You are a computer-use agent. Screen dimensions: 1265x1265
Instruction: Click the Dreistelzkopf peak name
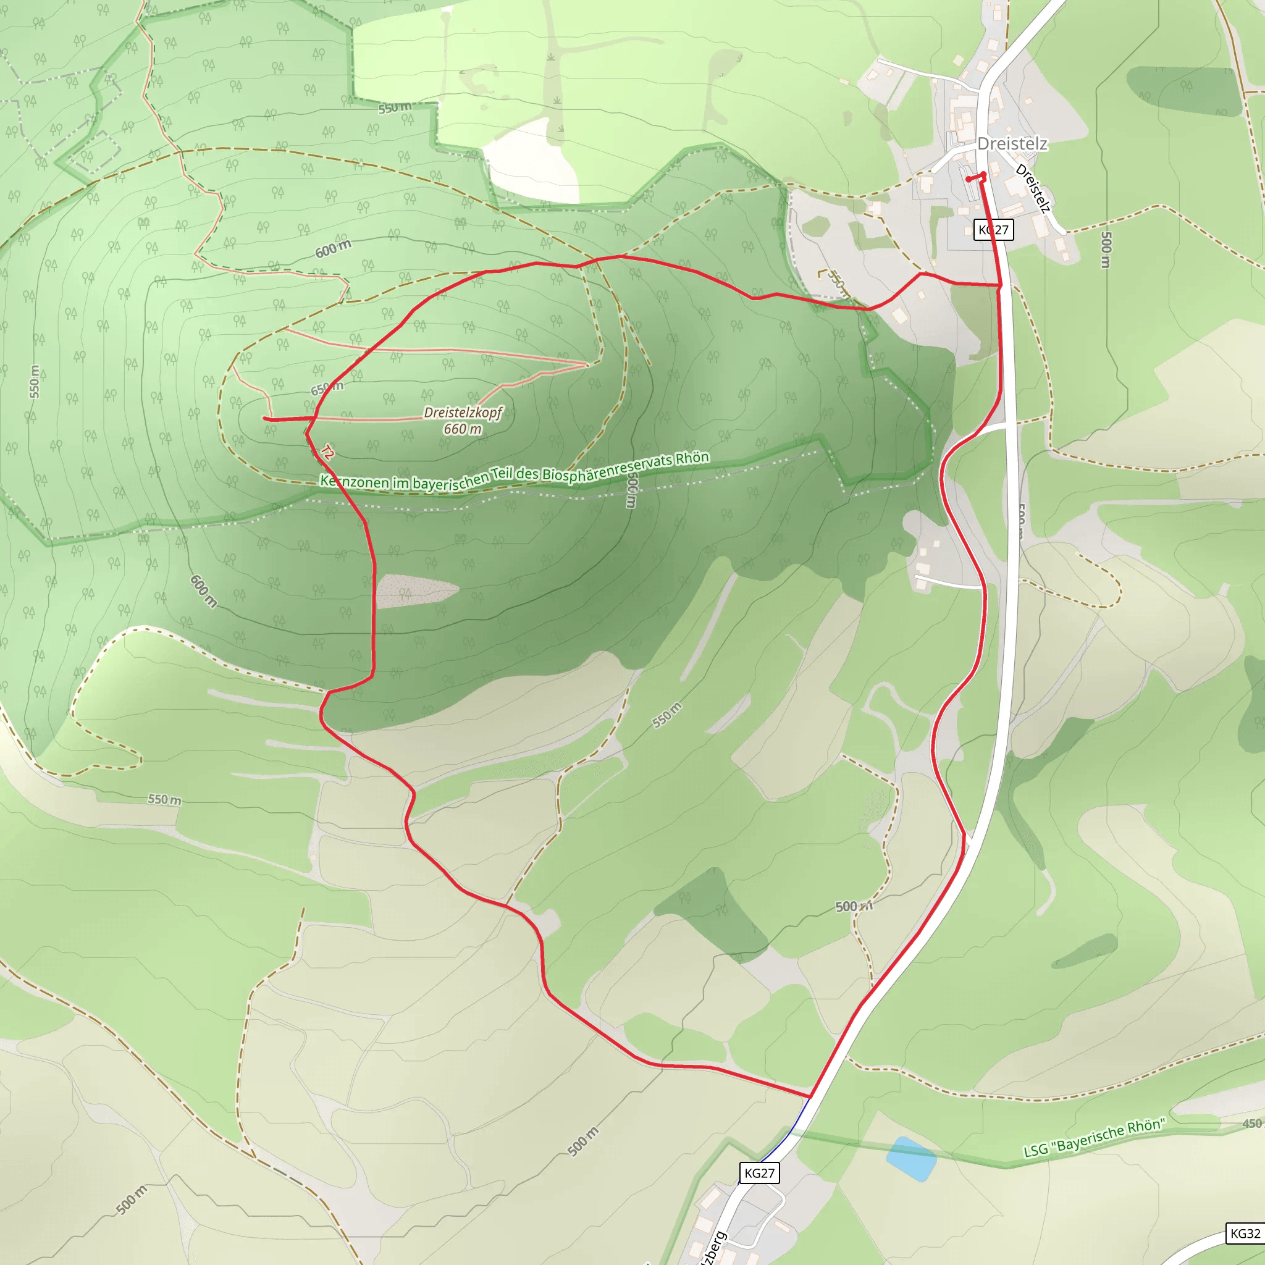462,413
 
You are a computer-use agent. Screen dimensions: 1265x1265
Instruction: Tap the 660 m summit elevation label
462,429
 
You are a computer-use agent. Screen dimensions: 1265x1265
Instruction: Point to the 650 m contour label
327,389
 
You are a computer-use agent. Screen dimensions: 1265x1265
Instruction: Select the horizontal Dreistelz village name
1012,144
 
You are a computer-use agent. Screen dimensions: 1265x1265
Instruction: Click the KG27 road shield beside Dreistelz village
993,230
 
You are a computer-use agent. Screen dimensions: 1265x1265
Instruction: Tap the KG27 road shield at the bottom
760,1173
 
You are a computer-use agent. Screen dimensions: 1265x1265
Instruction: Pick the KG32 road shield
1245,1233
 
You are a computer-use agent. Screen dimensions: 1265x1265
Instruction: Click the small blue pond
912,1159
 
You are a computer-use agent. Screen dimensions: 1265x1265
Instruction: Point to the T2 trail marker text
327,452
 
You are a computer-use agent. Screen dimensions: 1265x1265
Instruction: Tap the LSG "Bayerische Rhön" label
1094,1137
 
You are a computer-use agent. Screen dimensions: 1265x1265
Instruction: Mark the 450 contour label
1251,1124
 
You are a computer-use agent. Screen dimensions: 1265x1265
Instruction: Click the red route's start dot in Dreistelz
969,179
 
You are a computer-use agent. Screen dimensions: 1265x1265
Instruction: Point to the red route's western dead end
264,418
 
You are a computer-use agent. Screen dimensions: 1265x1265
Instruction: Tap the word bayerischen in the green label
450,481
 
